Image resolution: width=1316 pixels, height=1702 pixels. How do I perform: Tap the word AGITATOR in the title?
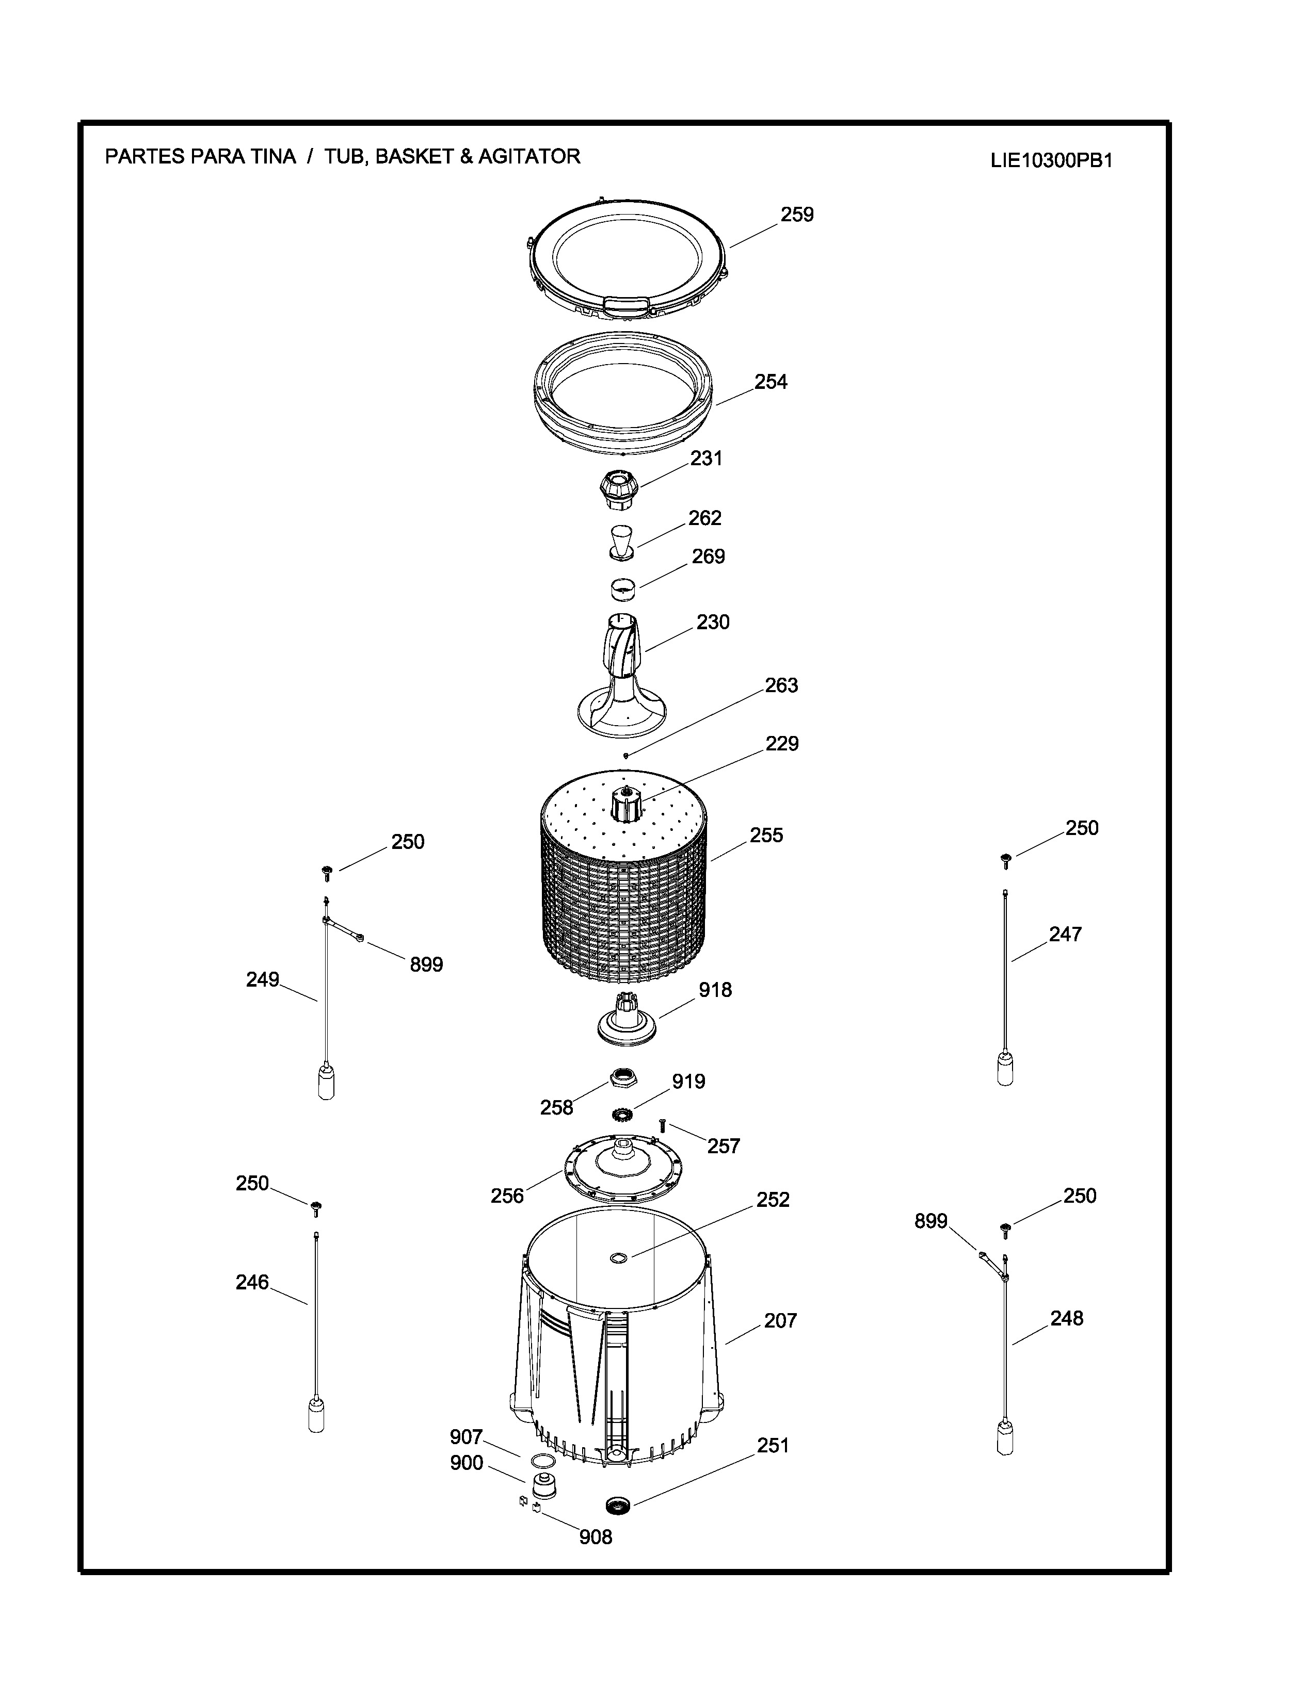529,157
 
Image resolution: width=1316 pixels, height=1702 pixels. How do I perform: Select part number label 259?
797,215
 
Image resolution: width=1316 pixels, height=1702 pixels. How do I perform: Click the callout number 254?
771,382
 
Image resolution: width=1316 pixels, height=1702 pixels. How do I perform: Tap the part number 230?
713,622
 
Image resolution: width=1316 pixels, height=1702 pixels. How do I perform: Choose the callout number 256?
507,1196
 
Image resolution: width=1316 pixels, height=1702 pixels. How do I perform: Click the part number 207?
780,1320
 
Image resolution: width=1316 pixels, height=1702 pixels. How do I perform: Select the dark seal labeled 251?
617,1505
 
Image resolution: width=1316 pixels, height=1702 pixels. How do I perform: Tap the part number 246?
252,1282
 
